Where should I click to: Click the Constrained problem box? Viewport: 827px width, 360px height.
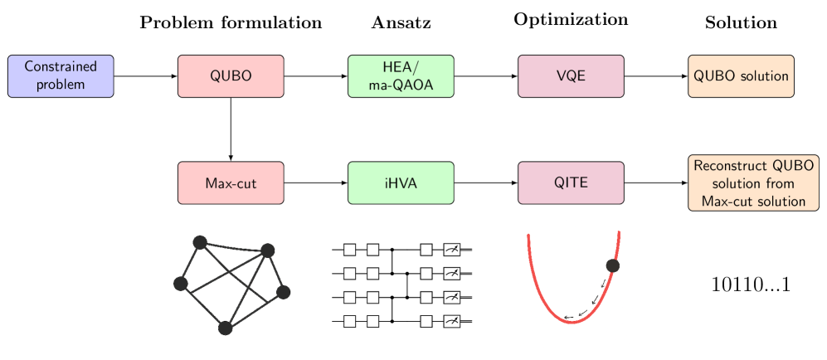(x=61, y=76)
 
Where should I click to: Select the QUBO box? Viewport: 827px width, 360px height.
(x=231, y=76)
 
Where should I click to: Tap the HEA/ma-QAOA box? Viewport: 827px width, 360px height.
(x=401, y=76)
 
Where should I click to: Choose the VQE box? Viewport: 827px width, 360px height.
(x=571, y=76)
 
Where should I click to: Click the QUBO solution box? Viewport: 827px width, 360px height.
(x=741, y=76)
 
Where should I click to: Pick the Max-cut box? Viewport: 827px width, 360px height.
(x=231, y=182)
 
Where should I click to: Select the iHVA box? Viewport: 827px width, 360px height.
(x=401, y=182)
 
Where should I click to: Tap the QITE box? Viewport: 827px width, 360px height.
(x=571, y=182)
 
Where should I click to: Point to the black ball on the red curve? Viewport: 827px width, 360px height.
(x=613, y=265)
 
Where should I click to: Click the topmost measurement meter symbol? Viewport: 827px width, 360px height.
(x=452, y=250)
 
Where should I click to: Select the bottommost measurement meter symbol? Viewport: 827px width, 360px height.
(x=452, y=321)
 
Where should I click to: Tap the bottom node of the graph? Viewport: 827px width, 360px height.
(x=225, y=328)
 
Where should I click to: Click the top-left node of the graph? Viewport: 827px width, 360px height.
(x=199, y=242)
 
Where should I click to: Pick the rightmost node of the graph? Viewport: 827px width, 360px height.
(x=284, y=292)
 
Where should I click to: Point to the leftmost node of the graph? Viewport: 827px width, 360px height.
(x=180, y=284)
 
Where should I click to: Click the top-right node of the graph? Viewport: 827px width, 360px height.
(x=267, y=250)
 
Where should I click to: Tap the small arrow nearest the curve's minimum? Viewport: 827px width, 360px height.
(x=569, y=316)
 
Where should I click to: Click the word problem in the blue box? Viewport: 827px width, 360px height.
(x=61, y=85)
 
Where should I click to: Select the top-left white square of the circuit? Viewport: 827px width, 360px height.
(x=350, y=250)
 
